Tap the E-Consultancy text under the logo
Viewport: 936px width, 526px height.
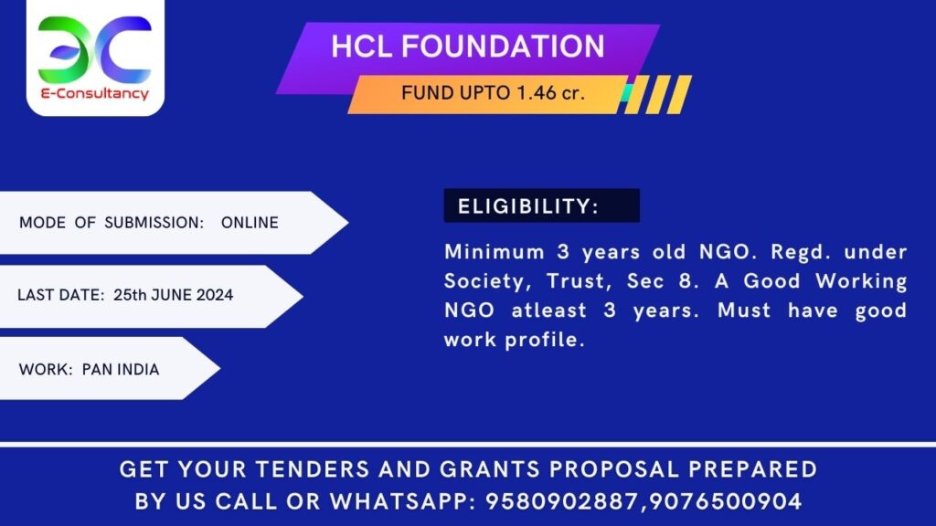coord(95,94)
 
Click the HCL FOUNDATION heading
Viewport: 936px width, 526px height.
coord(467,47)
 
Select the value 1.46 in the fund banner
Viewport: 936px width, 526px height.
coord(534,92)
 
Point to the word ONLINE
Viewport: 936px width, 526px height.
coord(250,223)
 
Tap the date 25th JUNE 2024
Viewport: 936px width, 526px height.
coord(173,296)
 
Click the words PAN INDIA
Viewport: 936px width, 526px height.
coord(121,370)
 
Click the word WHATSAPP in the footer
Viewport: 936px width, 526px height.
coord(409,501)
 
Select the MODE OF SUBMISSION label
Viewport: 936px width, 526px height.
coord(111,223)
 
